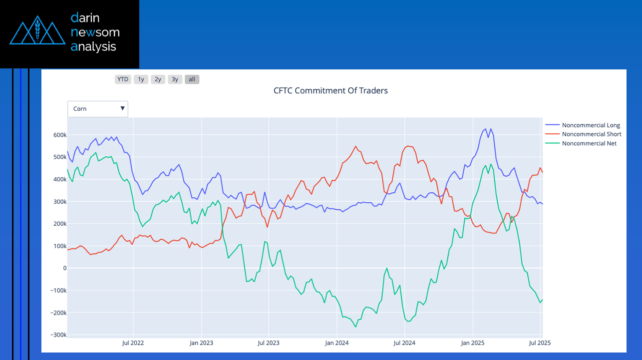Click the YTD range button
coord(123,79)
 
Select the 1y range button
coord(141,79)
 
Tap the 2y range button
coord(158,79)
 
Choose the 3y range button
coord(175,79)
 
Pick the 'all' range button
coord(192,79)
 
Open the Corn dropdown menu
coord(98,109)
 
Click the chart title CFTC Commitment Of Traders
coord(330,91)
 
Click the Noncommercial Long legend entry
coord(591,125)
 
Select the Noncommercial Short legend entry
coord(592,134)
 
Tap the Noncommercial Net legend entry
coord(589,143)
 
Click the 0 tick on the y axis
coord(64,268)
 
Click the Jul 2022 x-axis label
coord(133,343)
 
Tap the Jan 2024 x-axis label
coord(337,343)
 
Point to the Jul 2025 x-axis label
coord(540,343)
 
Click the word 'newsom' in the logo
coord(95,32)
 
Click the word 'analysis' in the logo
coord(93,47)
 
